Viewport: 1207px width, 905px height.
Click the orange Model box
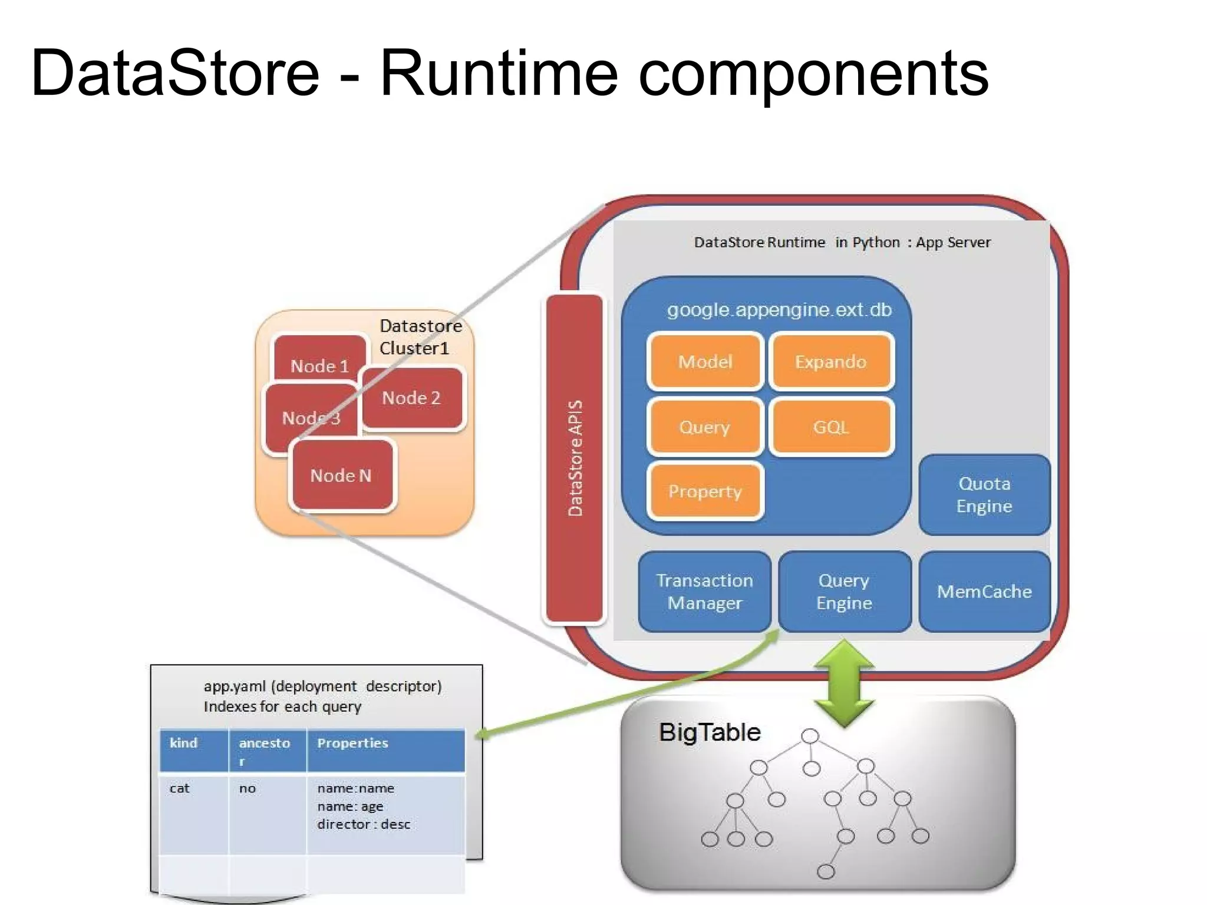(705, 361)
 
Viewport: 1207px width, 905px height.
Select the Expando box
(830, 361)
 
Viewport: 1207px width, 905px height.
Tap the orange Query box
(705, 427)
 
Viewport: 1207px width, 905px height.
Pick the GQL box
(830, 427)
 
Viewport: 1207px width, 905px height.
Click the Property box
(705, 491)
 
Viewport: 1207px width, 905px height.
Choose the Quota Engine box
(984, 494)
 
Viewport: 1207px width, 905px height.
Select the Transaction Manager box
(705, 592)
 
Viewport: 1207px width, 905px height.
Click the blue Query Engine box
(844, 592)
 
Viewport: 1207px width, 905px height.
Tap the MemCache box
(984, 592)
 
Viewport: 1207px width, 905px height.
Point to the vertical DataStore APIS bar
(575, 458)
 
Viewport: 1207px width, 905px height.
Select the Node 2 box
(411, 398)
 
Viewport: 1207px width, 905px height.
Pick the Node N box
(341, 475)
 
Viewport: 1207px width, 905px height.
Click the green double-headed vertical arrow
(844, 683)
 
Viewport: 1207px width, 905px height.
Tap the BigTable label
(710, 732)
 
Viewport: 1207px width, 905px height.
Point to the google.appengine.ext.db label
(779, 310)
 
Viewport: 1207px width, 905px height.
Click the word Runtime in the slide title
(499, 73)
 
